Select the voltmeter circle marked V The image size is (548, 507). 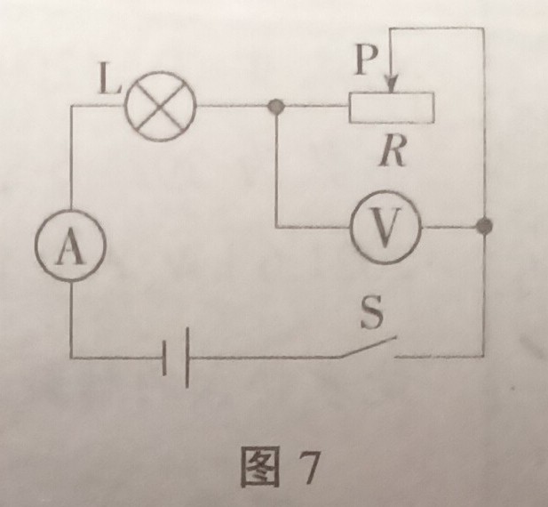[x=383, y=229]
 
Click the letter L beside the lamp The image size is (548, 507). [x=107, y=86]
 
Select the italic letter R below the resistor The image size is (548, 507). [x=392, y=153]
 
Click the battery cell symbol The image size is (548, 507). [x=178, y=358]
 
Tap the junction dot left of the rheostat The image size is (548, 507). [x=275, y=107]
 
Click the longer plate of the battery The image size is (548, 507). [x=188, y=358]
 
